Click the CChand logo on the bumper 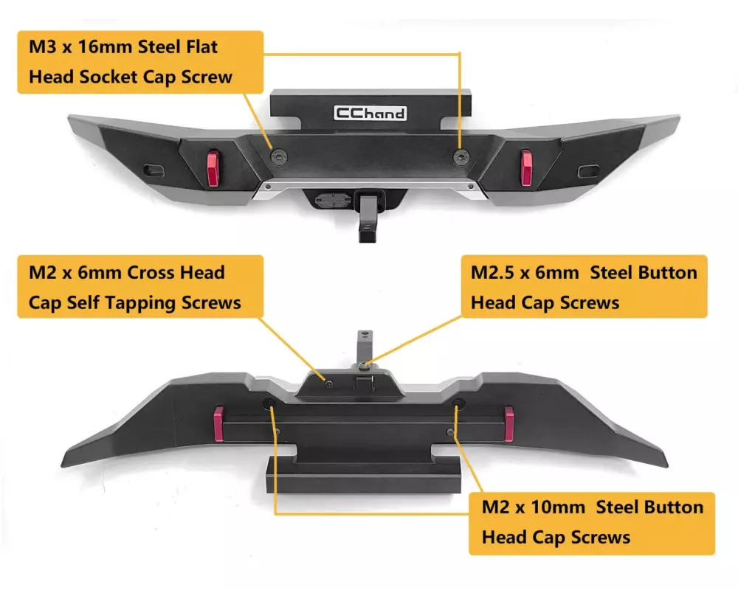tap(370, 113)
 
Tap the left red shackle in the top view tap(213, 168)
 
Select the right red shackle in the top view tap(526, 167)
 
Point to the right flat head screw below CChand tap(461, 155)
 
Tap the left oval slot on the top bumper tap(155, 170)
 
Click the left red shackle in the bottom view tap(218, 423)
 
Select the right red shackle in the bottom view tap(508, 423)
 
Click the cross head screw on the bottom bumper tap(327, 380)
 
